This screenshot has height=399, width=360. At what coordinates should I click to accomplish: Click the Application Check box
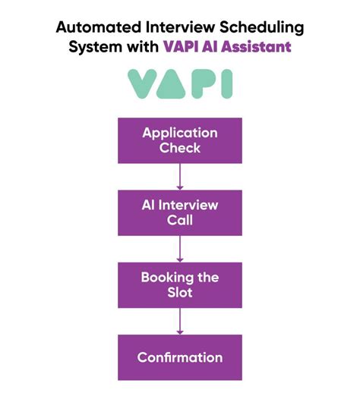coord(179,140)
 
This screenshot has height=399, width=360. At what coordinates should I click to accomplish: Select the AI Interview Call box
coord(179,212)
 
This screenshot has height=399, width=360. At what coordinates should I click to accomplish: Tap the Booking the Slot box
coord(179,284)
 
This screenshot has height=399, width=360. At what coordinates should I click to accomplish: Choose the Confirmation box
coord(179,357)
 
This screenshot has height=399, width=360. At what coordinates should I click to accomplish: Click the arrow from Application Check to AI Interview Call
coord(180,176)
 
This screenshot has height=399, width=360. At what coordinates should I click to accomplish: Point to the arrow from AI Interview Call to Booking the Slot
coord(180,248)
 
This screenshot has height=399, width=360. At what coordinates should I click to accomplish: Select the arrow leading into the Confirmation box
coord(180,321)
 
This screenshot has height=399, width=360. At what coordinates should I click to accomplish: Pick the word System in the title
coord(94,47)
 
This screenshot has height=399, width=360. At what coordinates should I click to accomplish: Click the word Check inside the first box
coord(179,149)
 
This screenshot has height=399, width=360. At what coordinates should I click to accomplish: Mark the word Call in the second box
coord(179,221)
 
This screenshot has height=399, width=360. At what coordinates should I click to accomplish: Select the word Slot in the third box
coord(179,293)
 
